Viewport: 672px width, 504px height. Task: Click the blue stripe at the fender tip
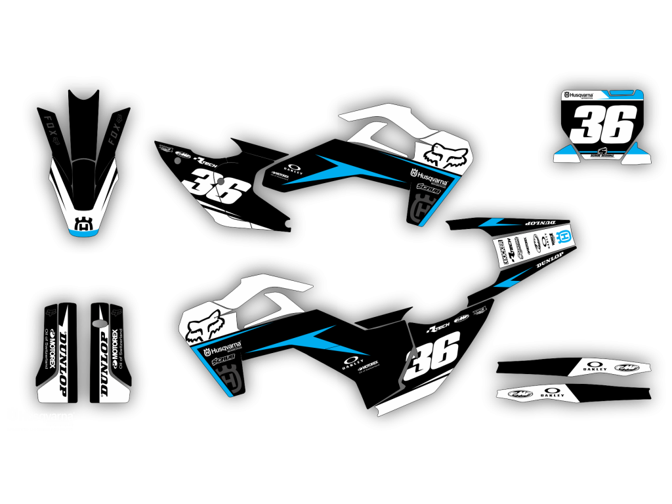pyautogui.click(x=84, y=232)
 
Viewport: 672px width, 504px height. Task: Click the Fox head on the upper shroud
pyautogui.click(x=446, y=156)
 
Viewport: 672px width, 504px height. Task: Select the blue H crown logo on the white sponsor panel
pyautogui.click(x=564, y=237)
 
